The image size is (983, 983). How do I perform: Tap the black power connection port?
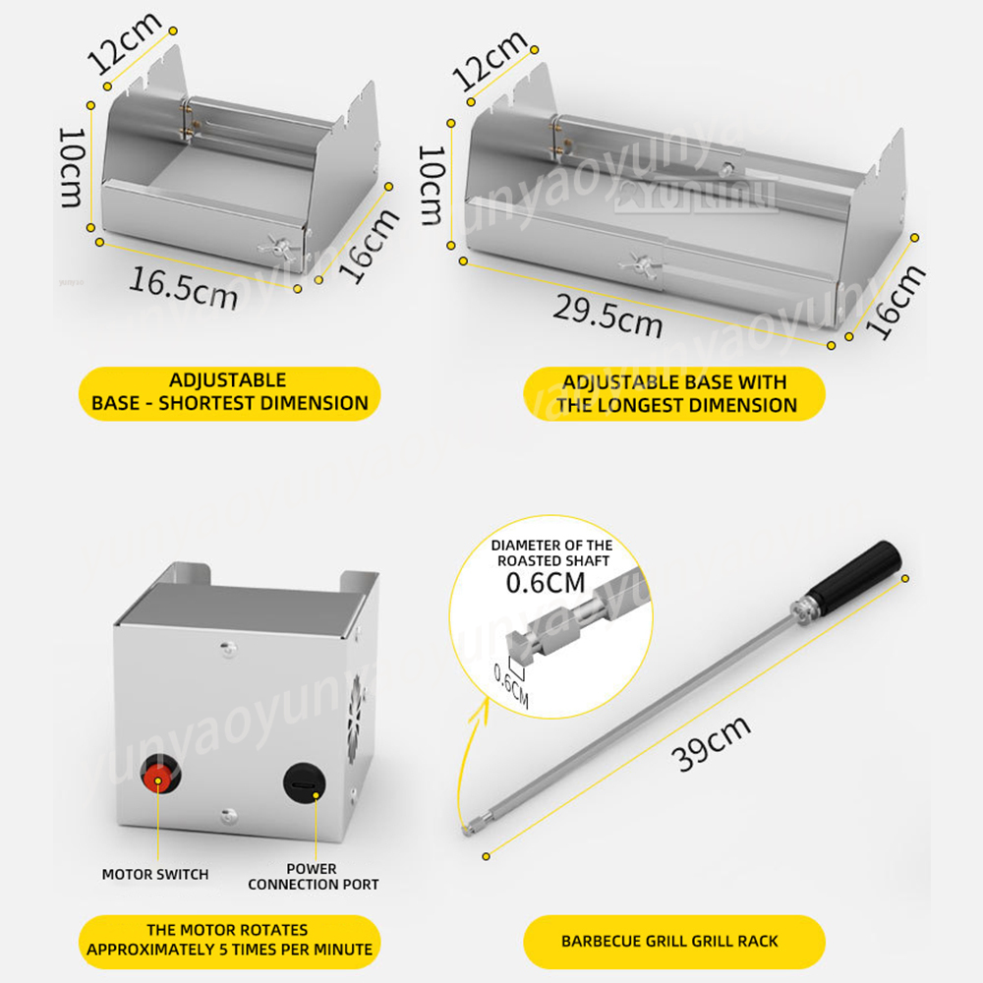coord(305,783)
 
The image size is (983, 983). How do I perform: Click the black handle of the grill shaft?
coord(854,570)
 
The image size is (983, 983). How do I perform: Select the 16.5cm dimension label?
coord(183,288)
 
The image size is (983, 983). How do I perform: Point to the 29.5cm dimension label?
coord(607,316)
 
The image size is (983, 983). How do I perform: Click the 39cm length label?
coord(711,743)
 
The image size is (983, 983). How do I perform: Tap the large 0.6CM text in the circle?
coord(546,583)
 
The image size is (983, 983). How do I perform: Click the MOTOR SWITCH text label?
coord(155,875)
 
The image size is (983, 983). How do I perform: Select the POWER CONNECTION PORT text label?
coord(313,877)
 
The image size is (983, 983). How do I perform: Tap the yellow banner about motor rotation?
coord(229,942)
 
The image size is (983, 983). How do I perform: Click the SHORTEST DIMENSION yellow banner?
coord(229,393)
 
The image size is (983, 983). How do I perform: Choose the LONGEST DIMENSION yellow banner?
coord(674,394)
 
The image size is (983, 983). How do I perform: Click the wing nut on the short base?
coord(278,247)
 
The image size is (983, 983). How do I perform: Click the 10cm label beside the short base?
coord(71,167)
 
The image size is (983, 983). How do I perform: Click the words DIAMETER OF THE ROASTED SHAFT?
coord(551,552)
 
